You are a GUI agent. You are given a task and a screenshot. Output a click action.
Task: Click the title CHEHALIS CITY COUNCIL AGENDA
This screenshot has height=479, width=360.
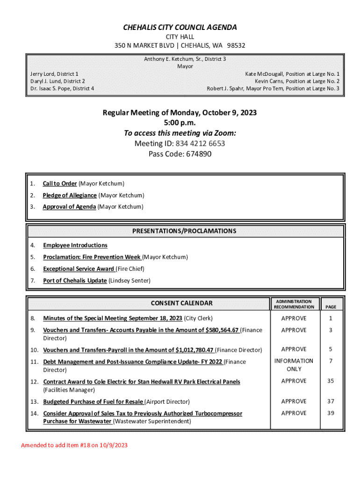point(180,28)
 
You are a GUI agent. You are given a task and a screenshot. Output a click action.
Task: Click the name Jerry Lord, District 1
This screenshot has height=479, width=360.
point(54,74)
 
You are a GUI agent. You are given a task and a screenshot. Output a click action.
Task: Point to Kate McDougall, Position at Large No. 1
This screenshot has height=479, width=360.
point(292,74)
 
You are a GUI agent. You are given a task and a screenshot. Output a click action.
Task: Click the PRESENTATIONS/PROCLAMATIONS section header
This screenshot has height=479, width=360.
point(184,231)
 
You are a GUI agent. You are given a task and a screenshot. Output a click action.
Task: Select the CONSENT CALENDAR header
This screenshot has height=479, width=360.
point(181,303)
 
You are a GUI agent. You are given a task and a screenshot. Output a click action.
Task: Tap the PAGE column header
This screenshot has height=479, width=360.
point(331,307)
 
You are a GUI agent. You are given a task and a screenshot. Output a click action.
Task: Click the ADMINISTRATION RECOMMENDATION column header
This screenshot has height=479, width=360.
point(294,304)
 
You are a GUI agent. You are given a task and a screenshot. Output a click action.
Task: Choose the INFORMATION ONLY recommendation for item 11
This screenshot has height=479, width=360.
point(294,365)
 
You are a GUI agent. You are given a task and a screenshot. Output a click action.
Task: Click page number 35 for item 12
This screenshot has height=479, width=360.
point(331,381)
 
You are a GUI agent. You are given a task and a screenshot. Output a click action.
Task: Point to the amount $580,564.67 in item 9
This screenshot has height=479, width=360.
point(222,330)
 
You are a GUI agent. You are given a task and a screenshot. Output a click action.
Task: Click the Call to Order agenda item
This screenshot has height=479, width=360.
point(60,184)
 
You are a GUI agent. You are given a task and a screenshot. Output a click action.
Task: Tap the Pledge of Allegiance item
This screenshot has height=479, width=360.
point(70,196)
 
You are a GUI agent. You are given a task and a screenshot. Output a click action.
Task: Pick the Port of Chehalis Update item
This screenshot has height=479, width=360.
point(75,281)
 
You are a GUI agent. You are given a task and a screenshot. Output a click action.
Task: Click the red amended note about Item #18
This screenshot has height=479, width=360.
point(74,445)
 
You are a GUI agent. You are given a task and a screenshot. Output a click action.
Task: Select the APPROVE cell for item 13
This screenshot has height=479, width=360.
point(294,401)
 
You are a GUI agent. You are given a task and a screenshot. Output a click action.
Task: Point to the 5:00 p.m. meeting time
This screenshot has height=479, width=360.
point(180,123)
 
